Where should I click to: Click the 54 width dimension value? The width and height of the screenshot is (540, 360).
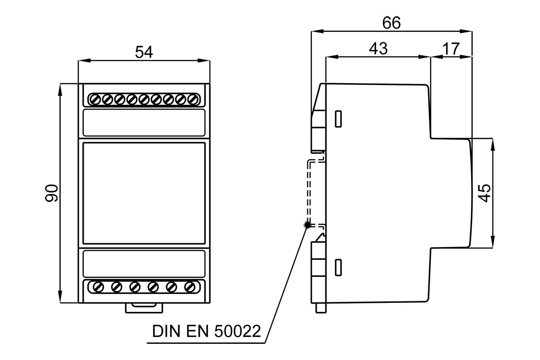(144, 52)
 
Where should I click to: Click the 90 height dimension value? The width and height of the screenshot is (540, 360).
(52, 193)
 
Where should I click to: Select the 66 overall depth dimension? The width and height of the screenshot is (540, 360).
(391, 23)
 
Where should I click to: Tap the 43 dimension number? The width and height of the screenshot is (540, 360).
(378, 49)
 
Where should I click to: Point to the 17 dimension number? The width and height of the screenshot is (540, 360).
(450, 49)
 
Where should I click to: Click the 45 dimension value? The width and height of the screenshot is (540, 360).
(484, 193)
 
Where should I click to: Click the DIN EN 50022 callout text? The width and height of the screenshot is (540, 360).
(207, 332)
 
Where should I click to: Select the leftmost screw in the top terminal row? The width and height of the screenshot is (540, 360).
(94, 99)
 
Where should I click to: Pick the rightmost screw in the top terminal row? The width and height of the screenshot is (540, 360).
(193, 99)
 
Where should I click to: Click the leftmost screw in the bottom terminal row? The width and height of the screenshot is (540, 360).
(98, 286)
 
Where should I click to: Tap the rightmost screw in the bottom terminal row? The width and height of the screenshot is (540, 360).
(190, 286)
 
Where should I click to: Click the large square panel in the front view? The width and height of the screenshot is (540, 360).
(144, 193)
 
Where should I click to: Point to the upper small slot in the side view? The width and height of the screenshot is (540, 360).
(338, 118)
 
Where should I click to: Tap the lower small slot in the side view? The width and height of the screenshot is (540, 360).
(338, 266)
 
